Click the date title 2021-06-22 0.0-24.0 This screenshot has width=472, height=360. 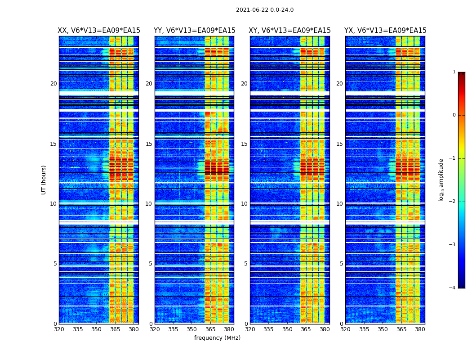pyautogui.click(x=264, y=10)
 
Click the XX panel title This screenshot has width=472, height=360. pyautogui.click(x=99, y=31)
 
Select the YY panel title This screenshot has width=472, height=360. pyautogui.click(x=194, y=31)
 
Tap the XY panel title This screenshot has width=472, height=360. pyautogui.click(x=290, y=31)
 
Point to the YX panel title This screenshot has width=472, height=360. pyautogui.click(x=385, y=31)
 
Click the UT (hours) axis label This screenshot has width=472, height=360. pyautogui.click(x=44, y=180)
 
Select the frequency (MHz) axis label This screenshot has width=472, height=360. pyautogui.click(x=217, y=338)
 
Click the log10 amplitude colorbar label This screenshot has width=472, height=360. pyautogui.click(x=441, y=180)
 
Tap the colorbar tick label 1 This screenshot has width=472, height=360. pyautogui.click(x=454, y=72)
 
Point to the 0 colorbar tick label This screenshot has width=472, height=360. pyautogui.click(x=454, y=115)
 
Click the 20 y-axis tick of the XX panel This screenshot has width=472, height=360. pyautogui.click(x=53, y=84)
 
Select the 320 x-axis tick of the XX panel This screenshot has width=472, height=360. pyautogui.click(x=59, y=329)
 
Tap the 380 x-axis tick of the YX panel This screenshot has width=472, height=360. pyautogui.click(x=420, y=329)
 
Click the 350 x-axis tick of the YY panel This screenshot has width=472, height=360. pyautogui.click(x=192, y=329)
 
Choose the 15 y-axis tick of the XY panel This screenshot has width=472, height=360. pyautogui.click(x=244, y=144)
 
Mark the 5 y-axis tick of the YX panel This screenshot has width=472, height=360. pyautogui.click(x=341, y=264)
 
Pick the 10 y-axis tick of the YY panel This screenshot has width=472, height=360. pyautogui.click(x=148, y=204)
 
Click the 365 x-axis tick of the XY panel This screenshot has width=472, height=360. pyautogui.click(x=306, y=329)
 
